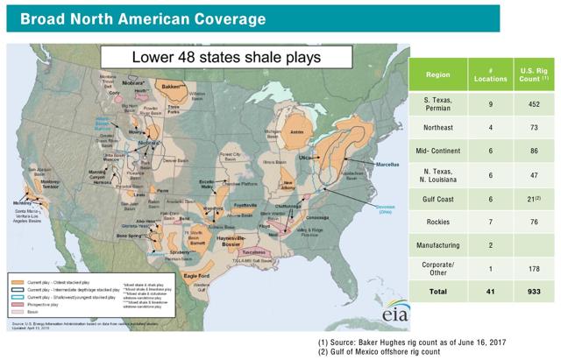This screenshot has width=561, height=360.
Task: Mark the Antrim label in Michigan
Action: click(x=295, y=132)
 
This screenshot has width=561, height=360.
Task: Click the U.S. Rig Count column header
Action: click(x=529, y=75)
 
